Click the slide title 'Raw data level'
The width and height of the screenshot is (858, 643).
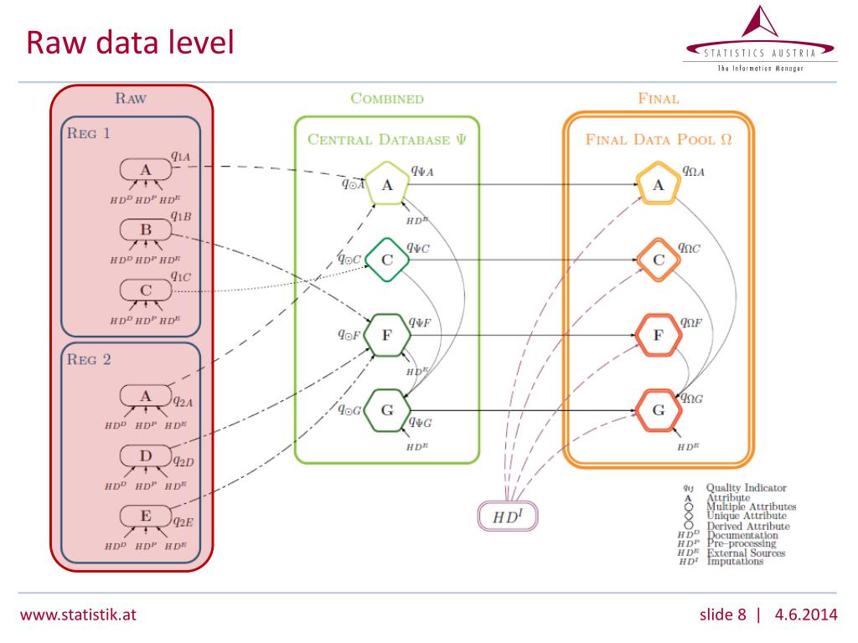tap(129, 42)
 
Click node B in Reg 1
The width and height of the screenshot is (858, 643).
tap(146, 229)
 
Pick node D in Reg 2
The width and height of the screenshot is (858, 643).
tap(146, 455)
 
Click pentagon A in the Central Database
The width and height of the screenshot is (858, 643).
tap(387, 185)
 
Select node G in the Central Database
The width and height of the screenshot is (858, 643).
tap(387, 410)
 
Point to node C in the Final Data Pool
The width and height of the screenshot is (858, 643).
tap(658, 260)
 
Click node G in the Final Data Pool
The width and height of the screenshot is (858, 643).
tap(658, 410)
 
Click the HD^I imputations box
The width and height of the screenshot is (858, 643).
tap(506, 516)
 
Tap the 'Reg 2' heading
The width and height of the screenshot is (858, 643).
tap(89, 360)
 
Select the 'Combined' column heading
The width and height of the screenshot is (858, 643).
tap(387, 99)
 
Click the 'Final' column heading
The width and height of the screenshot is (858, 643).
tap(658, 99)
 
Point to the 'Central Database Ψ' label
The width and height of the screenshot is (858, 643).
tap(387, 140)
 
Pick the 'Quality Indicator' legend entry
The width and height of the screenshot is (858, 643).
tap(746, 487)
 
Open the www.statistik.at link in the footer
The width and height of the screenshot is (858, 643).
tap(78, 615)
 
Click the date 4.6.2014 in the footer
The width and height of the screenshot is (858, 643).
tap(806, 615)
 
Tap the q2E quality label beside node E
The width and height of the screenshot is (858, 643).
tap(183, 522)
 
